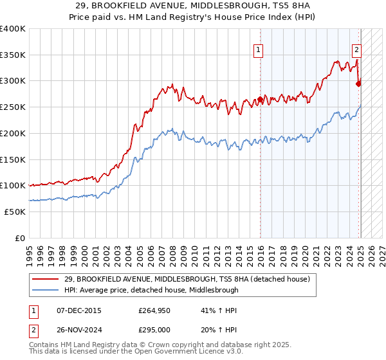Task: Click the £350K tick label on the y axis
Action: [13, 55]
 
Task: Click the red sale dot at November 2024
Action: [358, 83]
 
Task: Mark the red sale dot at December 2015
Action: [261, 99]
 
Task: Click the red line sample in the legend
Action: [46, 279]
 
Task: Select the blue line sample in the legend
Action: [46, 290]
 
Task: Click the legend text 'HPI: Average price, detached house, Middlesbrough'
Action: [151, 290]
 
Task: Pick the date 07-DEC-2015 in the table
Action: [79, 310]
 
